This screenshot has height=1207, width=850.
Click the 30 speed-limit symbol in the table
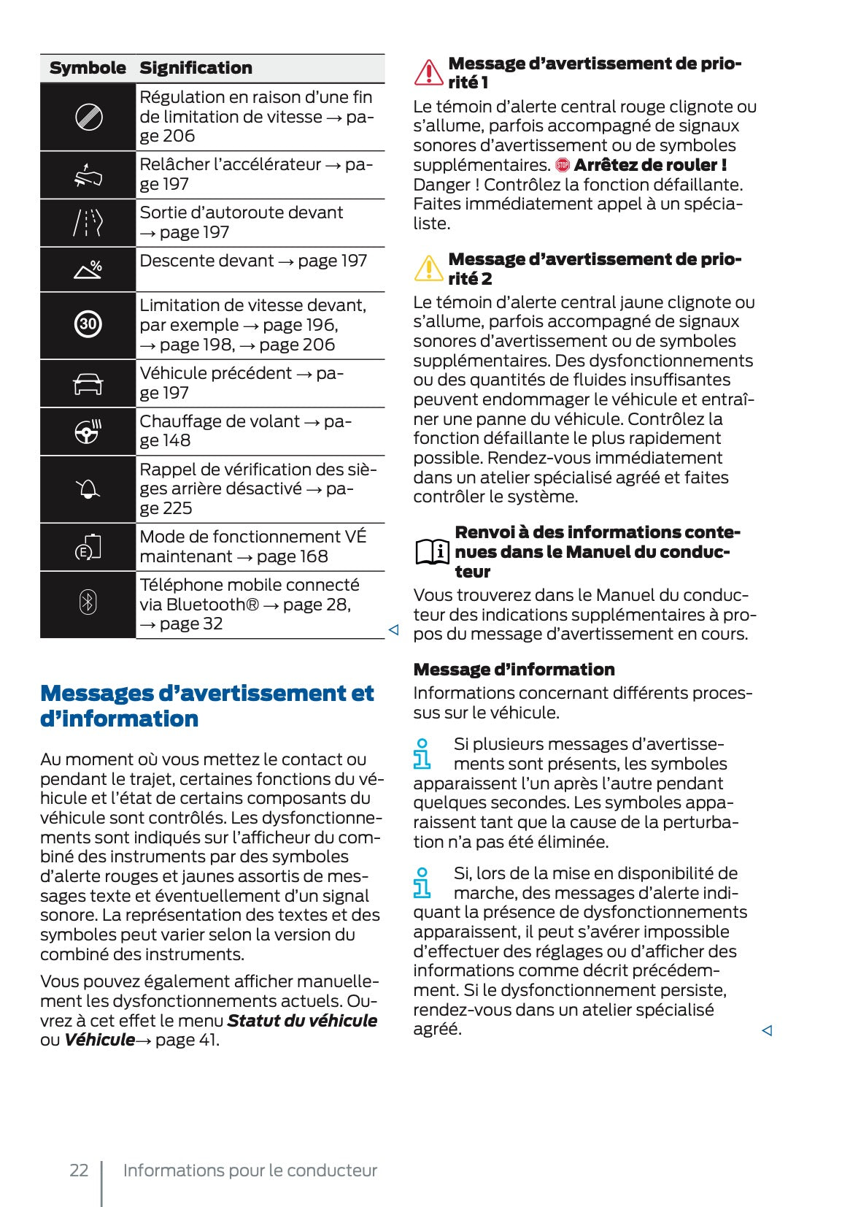tap(88, 324)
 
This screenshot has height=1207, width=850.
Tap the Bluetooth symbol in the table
tap(88, 603)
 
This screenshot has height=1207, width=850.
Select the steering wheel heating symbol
tap(88, 432)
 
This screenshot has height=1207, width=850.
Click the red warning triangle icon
tap(428, 72)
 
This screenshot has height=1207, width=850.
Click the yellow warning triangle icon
tap(428, 269)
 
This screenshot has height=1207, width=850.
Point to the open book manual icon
tap(432, 551)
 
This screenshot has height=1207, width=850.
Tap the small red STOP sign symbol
tap(562, 165)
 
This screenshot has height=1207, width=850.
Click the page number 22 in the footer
tap(79, 1170)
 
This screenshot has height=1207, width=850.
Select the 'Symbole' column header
tap(88, 68)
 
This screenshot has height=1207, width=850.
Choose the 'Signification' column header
tap(196, 68)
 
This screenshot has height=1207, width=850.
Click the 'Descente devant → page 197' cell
tap(253, 261)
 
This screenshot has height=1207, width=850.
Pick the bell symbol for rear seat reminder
tap(88, 489)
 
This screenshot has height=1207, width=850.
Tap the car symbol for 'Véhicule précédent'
tap(88, 383)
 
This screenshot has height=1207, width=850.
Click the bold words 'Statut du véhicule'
tap(302, 1021)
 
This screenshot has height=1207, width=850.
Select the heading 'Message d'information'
tap(514, 670)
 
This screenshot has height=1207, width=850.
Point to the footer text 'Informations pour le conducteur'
tap(250, 1170)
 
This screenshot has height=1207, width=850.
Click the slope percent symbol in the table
tap(88, 269)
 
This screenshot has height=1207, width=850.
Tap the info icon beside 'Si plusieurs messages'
tap(422, 754)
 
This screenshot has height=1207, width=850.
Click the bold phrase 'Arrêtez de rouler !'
tap(650, 165)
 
